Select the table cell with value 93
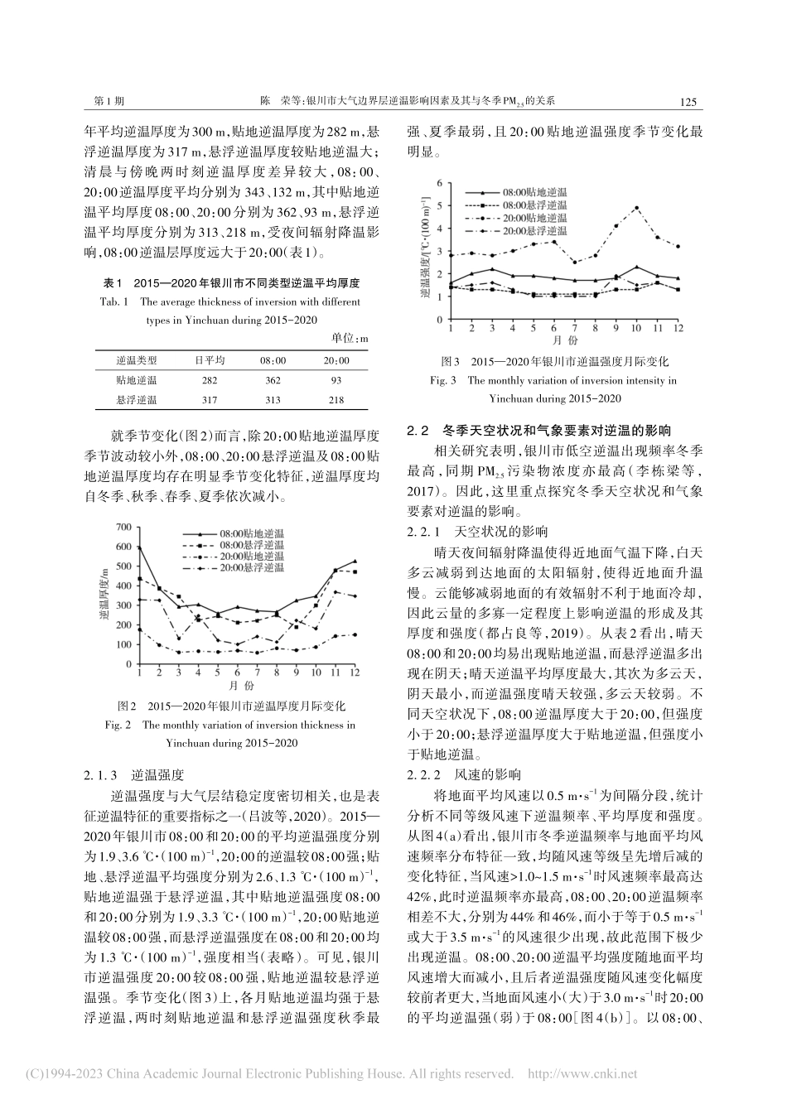pos(335,379)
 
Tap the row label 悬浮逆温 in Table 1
pos(137,400)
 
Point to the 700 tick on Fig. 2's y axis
pos(124,527)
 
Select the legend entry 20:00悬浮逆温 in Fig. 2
pos(250,567)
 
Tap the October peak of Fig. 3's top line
pos(636,208)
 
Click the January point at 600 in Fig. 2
pos(139,547)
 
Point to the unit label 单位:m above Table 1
pos(350,340)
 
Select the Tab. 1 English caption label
pos(116,302)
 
